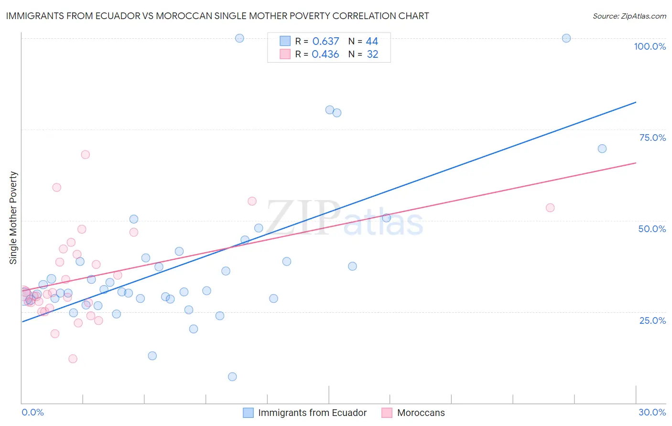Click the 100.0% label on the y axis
pyautogui.click(x=650, y=46)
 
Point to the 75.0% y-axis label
pyautogui.click(x=652, y=138)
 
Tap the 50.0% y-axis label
pyautogui.click(x=652, y=229)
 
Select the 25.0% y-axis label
pyautogui.click(x=652, y=320)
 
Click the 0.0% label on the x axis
pyautogui.click(x=33, y=412)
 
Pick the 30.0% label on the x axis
pyautogui.click(x=652, y=412)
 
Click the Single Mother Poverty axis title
pyautogui.click(x=13, y=218)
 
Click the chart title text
pyautogui.click(x=217, y=16)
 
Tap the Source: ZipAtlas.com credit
pyautogui.click(x=629, y=16)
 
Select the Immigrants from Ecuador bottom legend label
pyautogui.click(x=312, y=413)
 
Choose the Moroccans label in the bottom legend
pyautogui.click(x=421, y=413)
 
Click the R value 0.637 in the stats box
pyautogui.click(x=325, y=41)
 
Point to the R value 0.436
pyautogui.click(x=325, y=54)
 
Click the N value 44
pyautogui.click(x=372, y=41)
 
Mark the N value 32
pyautogui.click(x=372, y=54)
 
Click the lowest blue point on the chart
pyautogui.click(x=232, y=377)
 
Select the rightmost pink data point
pyautogui.click(x=550, y=208)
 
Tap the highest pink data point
pyautogui.click(x=86, y=155)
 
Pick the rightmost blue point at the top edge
pyautogui.click(x=566, y=38)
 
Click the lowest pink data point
pyautogui.click(x=73, y=359)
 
